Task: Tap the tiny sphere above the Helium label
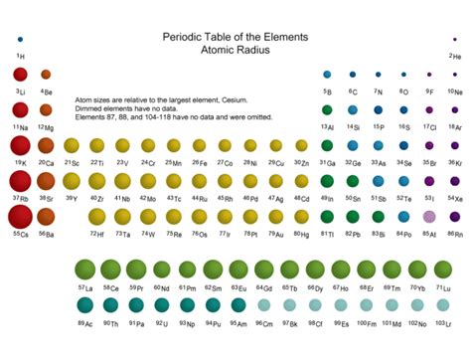click(x=455, y=39)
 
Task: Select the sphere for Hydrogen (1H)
click(x=20, y=39)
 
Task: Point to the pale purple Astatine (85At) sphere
click(x=429, y=216)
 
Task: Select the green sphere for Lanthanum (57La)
click(x=84, y=270)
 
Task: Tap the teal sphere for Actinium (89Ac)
click(x=84, y=306)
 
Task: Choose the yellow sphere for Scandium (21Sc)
click(x=72, y=145)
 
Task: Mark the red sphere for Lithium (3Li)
click(x=20, y=75)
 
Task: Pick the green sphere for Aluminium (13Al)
click(x=327, y=109)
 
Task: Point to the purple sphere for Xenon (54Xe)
click(x=455, y=181)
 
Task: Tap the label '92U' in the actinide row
click(x=162, y=324)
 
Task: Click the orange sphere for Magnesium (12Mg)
click(x=46, y=109)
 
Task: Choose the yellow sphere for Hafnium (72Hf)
click(x=97, y=216)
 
